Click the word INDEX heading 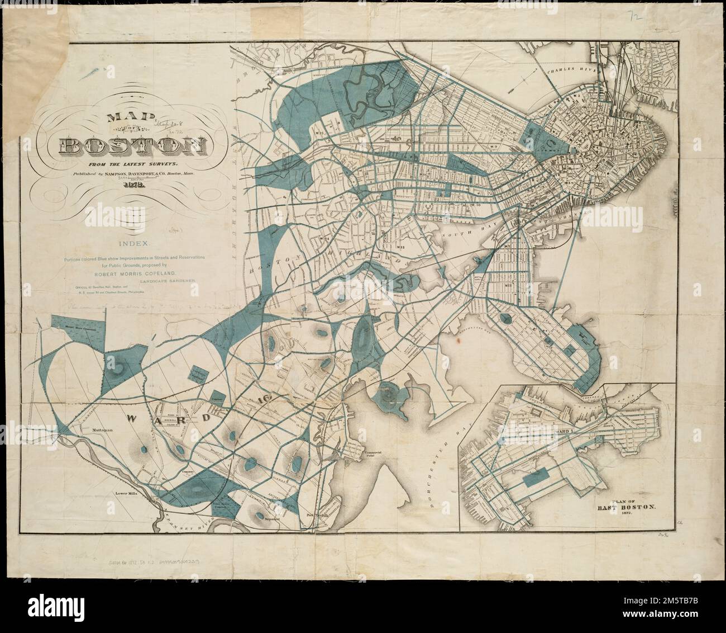(133, 244)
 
